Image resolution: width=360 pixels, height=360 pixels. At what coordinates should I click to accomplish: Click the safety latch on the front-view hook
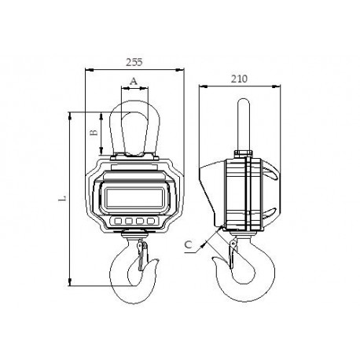point(141,257)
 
